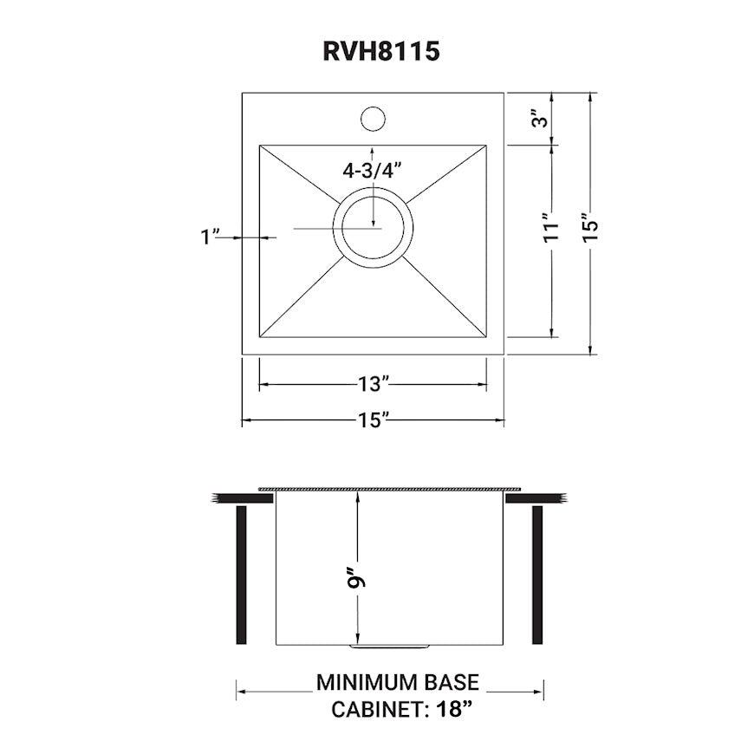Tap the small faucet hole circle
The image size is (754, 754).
[373, 118]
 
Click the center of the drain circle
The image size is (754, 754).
[373, 228]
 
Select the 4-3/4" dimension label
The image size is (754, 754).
[373, 171]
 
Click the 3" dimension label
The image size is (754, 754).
[542, 119]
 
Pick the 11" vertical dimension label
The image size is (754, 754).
[549, 227]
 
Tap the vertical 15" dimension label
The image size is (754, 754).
[590, 227]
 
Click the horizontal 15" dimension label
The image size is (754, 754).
[373, 420]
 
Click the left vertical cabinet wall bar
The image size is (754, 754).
[242, 575]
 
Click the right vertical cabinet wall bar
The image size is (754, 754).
[537, 575]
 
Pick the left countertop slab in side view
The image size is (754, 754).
[242, 498]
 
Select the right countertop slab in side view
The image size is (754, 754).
[536, 498]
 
